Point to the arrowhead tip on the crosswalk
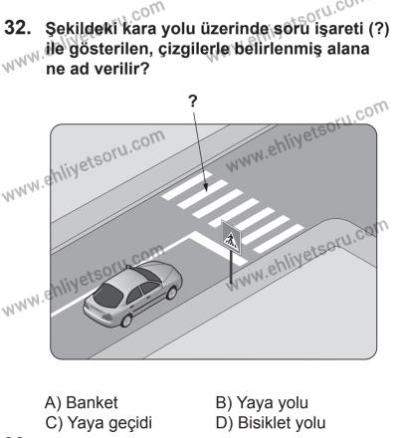[203, 182]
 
